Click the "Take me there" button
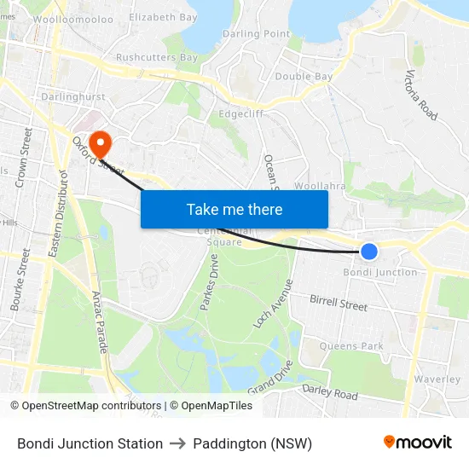[x=234, y=209]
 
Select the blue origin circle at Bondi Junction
[x=369, y=251]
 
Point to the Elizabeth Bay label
[x=163, y=17]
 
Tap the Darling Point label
[x=256, y=34]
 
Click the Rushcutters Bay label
[x=157, y=58]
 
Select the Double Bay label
[x=304, y=77]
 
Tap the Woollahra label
[x=318, y=185]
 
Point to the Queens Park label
[x=351, y=346]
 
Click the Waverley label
[x=437, y=379]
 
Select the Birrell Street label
[x=339, y=303]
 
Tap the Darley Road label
[x=330, y=392]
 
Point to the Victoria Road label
[x=422, y=94]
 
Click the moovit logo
[x=417, y=443]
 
